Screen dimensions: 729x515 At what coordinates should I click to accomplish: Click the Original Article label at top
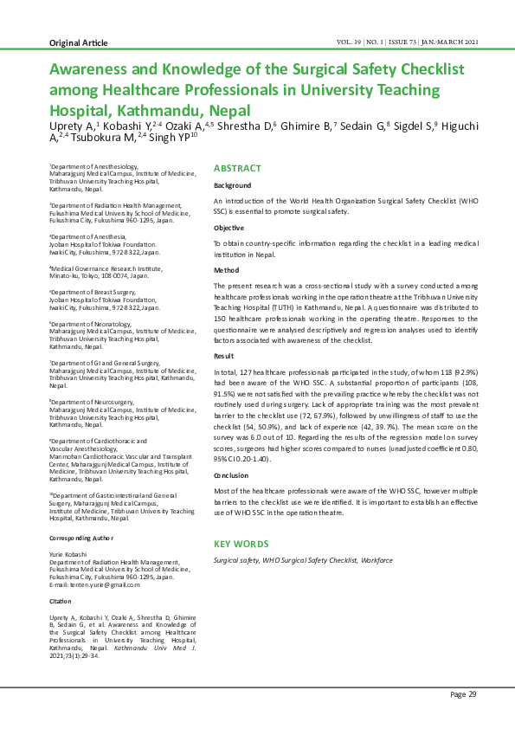point(78,42)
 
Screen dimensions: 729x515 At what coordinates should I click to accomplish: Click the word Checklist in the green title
point(428,68)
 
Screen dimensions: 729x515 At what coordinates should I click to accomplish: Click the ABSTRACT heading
point(237,168)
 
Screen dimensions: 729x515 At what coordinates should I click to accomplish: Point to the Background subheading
point(233,185)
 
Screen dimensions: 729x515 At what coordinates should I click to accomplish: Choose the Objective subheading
point(229,227)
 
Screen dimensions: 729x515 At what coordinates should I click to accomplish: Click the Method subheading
point(227,269)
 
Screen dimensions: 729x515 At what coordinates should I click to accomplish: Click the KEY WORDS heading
point(241,544)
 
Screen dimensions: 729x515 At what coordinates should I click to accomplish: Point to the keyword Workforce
point(377,560)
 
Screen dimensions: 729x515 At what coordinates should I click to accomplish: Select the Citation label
point(61,600)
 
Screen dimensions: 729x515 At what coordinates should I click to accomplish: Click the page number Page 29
point(462,694)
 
